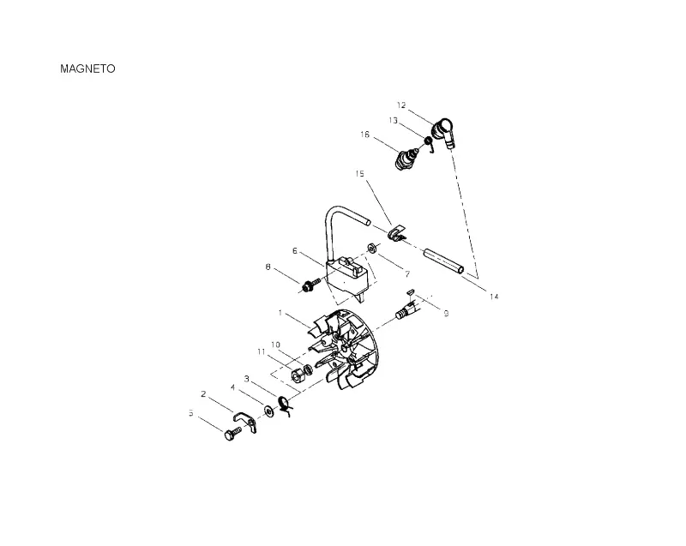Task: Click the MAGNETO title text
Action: [x=87, y=69]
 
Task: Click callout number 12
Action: [x=401, y=105]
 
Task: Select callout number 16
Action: [x=364, y=135]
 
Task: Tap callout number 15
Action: [x=359, y=174]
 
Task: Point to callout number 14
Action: [x=494, y=297]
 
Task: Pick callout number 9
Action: [x=446, y=314]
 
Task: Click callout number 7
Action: [x=407, y=274]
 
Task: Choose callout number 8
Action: [x=268, y=267]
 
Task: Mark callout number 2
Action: [x=203, y=394]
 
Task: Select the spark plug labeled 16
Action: [x=406, y=159]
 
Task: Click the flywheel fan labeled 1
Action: [x=344, y=350]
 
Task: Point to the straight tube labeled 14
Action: [x=442, y=261]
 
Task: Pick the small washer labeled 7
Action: [x=372, y=248]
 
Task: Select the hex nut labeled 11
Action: [x=298, y=375]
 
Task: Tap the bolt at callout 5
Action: [x=232, y=434]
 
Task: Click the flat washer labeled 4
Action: [x=268, y=411]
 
